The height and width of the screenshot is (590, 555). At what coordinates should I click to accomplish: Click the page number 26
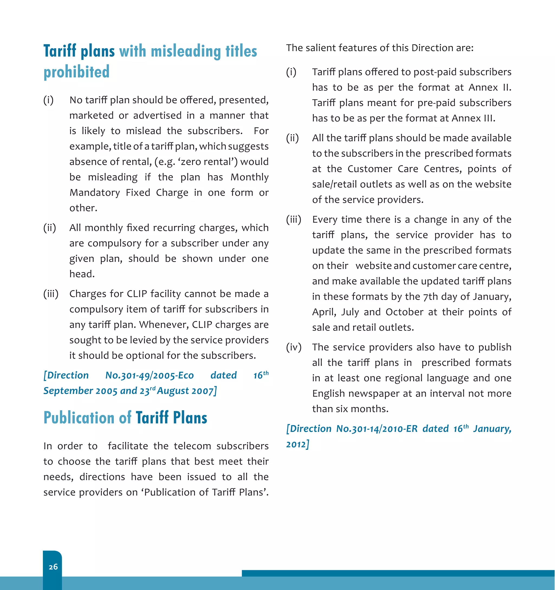click(x=53, y=567)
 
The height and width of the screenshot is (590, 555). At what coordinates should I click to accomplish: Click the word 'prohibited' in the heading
click(x=76, y=72)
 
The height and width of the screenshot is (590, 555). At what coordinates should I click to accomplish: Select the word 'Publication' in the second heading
click(x=79, y=418)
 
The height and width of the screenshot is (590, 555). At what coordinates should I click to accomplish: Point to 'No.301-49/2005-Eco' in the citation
click(x=150, y=376)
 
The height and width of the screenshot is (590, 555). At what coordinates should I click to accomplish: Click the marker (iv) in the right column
click(x=294, y=347)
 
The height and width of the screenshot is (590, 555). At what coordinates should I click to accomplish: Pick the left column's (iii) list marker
click(x=51, y=294)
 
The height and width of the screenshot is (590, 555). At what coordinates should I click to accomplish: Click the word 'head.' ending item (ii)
click(x=82, y=274)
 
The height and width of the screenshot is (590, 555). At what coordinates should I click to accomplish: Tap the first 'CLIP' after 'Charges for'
click(x=137, y=294)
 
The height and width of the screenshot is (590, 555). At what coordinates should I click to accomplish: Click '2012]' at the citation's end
click(x=298, y=444)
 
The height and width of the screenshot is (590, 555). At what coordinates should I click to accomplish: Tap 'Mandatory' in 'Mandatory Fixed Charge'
click(x=95, y=193)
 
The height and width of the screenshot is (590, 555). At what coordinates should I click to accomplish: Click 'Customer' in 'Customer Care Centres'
click(x=369, y=169)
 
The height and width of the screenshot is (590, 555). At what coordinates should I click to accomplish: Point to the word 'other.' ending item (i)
click(x=83, y=208)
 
